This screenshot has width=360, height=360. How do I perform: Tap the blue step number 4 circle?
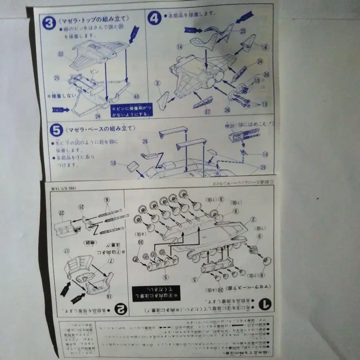click(154, 18)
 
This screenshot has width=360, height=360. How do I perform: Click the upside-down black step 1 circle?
click(264, 305)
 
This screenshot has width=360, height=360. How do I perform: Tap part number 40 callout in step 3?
click(136, 96)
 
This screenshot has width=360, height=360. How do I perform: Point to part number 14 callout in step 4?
click(179, 47)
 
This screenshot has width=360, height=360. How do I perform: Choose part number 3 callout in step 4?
click(158, 83)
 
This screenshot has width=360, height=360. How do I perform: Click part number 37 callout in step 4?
click(208, 112)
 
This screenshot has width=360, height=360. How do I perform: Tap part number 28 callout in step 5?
click(145, 142)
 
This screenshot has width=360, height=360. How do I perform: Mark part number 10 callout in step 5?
click(113, 163)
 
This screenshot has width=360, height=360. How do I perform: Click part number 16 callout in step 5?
click(265, 154)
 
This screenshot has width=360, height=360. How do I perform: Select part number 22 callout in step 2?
click(61, 213)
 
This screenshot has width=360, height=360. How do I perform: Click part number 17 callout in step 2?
click(68, 252)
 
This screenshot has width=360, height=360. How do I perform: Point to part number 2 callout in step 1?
click(252, 219)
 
